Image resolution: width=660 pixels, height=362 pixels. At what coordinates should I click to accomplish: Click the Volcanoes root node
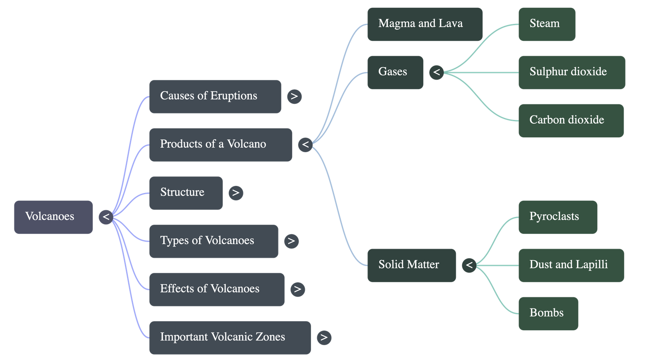[x=53, y=217]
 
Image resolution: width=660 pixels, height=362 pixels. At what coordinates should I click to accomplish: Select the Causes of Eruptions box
[x=215, y=96]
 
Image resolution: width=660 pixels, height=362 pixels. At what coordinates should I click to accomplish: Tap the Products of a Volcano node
[x=221, y=145]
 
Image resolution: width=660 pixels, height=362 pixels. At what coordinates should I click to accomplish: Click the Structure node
[x=186, y=193]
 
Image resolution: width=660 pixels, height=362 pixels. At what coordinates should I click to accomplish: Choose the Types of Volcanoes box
[x=213, y=241]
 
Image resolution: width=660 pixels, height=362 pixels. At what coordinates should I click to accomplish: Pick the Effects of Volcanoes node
[x=217, y=289]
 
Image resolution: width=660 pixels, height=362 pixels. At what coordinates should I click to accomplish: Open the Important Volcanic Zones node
[x=230, y=337]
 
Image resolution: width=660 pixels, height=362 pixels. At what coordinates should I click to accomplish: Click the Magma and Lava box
[x=424, y=24]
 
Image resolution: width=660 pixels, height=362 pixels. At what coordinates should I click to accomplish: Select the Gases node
[x=395, y=72]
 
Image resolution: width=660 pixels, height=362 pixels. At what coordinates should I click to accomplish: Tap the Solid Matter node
[x=411, y=265]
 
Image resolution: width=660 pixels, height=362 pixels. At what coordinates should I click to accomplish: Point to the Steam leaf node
[x=547, y=24]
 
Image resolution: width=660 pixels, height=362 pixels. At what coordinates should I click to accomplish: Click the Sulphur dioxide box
[x=571, y=72]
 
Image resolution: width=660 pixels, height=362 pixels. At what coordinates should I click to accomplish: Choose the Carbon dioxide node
[x=571, y=120]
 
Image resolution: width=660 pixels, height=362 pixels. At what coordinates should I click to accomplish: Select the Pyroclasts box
[x=557, y=217]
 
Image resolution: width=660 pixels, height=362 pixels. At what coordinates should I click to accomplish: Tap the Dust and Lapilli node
[x=571, y=265]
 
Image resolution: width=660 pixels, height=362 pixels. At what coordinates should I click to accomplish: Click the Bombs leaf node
[x=548, y=313]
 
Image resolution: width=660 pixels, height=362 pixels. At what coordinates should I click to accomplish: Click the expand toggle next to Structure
[x=236, y=193]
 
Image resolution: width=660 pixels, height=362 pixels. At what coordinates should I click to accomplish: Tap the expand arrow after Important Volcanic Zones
[x=324, y=337]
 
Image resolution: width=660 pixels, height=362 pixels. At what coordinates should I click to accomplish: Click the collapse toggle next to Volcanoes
[x=106, y=217]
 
